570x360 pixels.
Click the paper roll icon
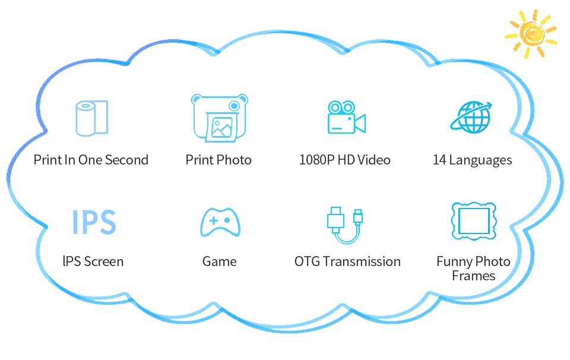click(x=91, y=118)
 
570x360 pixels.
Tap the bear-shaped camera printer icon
click(x=220, y=118)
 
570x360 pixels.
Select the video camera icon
click(x=346, y=118)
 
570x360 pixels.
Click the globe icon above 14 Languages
click(x=471, y=117)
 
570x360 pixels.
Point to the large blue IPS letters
click(x=94, y=222)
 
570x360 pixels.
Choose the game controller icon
click(x=220, y=222)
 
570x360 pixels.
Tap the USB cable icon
click(x=345, y=225)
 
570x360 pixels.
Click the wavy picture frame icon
click(x=474, y=221)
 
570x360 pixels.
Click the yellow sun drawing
click(x=531, y=34)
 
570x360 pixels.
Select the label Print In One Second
click(x=91, y=160)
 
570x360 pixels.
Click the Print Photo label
click(x=218, y=160)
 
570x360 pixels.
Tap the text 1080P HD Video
click(x=344, y=160)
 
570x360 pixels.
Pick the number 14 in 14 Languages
click(x=439, y=160)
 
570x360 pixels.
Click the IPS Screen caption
click(x=93, y=261)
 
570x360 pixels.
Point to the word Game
click(x=220, y=261)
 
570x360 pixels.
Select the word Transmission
click(x=362, y=261)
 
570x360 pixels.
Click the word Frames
click(x=474, y=276)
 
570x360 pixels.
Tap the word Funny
click(x=454, y=262)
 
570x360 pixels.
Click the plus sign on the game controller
click(x=214, y=220)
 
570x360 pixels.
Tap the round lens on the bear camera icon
click(x=235, y=106)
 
